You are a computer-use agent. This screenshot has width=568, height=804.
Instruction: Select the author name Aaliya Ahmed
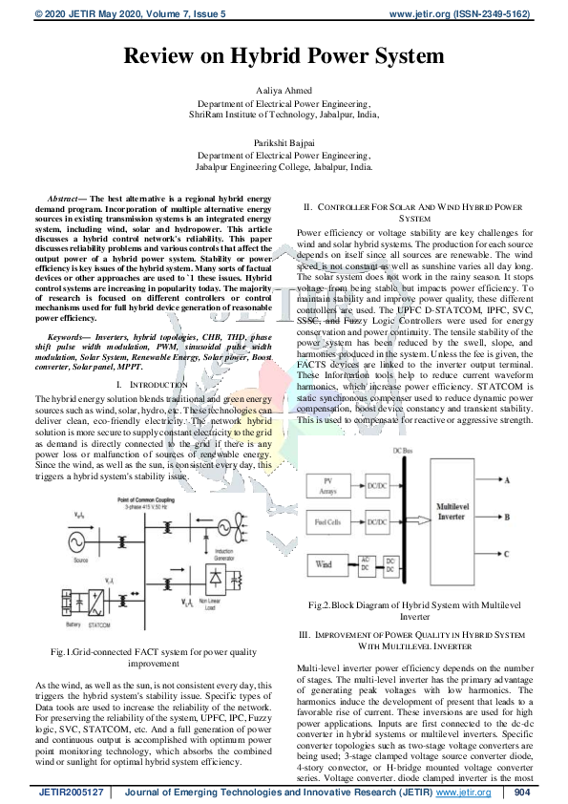point(284,88)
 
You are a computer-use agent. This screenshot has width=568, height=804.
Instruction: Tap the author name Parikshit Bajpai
point(284,141)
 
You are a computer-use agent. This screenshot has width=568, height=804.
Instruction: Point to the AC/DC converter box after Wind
point(366,564)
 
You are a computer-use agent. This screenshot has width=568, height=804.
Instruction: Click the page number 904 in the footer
point(521,793)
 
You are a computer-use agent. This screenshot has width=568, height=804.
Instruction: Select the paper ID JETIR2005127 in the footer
point(71,793)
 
